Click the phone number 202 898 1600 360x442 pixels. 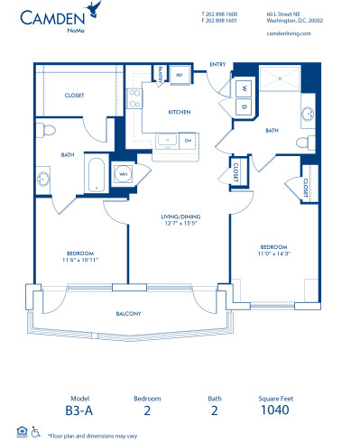click(x=219, y=14)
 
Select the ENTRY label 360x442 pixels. click(x=217, y=64)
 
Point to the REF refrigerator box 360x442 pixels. click(x=179, y=76)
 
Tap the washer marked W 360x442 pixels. click(x=245, y=88)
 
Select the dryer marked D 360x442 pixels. click(x=245, y=106)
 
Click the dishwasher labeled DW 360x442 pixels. click(x=188, y=141)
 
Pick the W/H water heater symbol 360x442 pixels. click(x=122, y=175)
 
